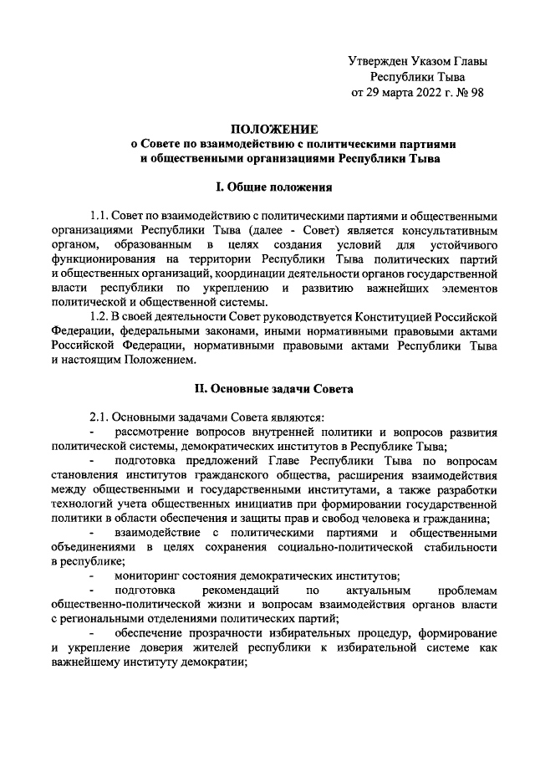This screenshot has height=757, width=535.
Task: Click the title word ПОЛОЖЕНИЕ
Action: coord(275,129)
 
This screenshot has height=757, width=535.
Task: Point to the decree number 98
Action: coord(476,92)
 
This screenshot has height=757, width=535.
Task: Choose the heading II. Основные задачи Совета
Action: coord(275,388)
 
